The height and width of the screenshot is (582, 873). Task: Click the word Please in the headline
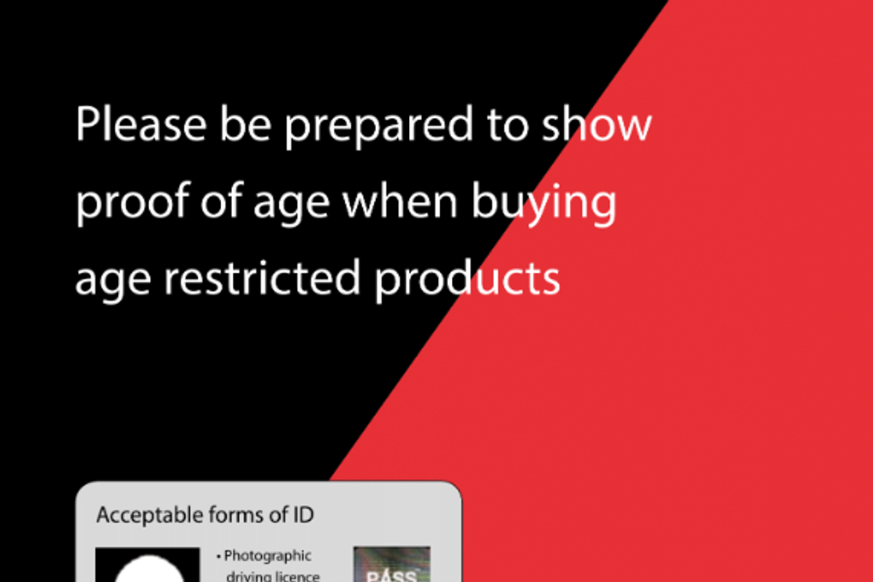pos(140,124)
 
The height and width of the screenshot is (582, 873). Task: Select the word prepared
pos(379,126)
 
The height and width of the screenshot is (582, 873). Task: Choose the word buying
pos(544,203)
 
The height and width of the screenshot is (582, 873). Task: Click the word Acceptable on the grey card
pos(151,516)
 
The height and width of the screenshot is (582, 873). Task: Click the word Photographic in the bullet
pos(268,557)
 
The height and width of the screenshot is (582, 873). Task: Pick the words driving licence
pos(273,575)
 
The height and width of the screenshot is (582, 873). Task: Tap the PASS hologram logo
pos(392,565)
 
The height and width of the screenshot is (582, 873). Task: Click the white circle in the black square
pos(149,569)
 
